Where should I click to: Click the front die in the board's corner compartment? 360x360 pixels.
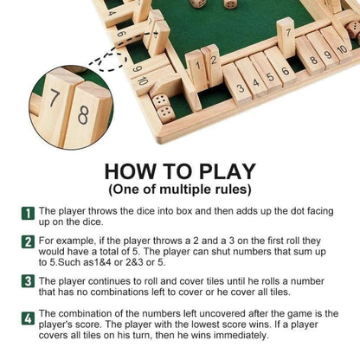[162, 109]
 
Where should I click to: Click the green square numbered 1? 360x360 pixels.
[28, 209]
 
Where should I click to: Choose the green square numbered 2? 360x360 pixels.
[28, 240]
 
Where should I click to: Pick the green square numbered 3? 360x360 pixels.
[28, 280]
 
